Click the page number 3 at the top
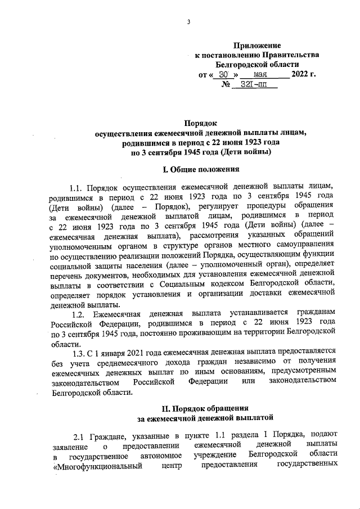click(x=190, y=22)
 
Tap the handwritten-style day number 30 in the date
click(x=224, y=74)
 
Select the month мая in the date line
click(x=260, y=74)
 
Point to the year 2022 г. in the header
click(x=304, y=74)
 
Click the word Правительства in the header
click(x=291, y=55)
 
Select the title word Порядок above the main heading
click(x=201, y=123)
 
